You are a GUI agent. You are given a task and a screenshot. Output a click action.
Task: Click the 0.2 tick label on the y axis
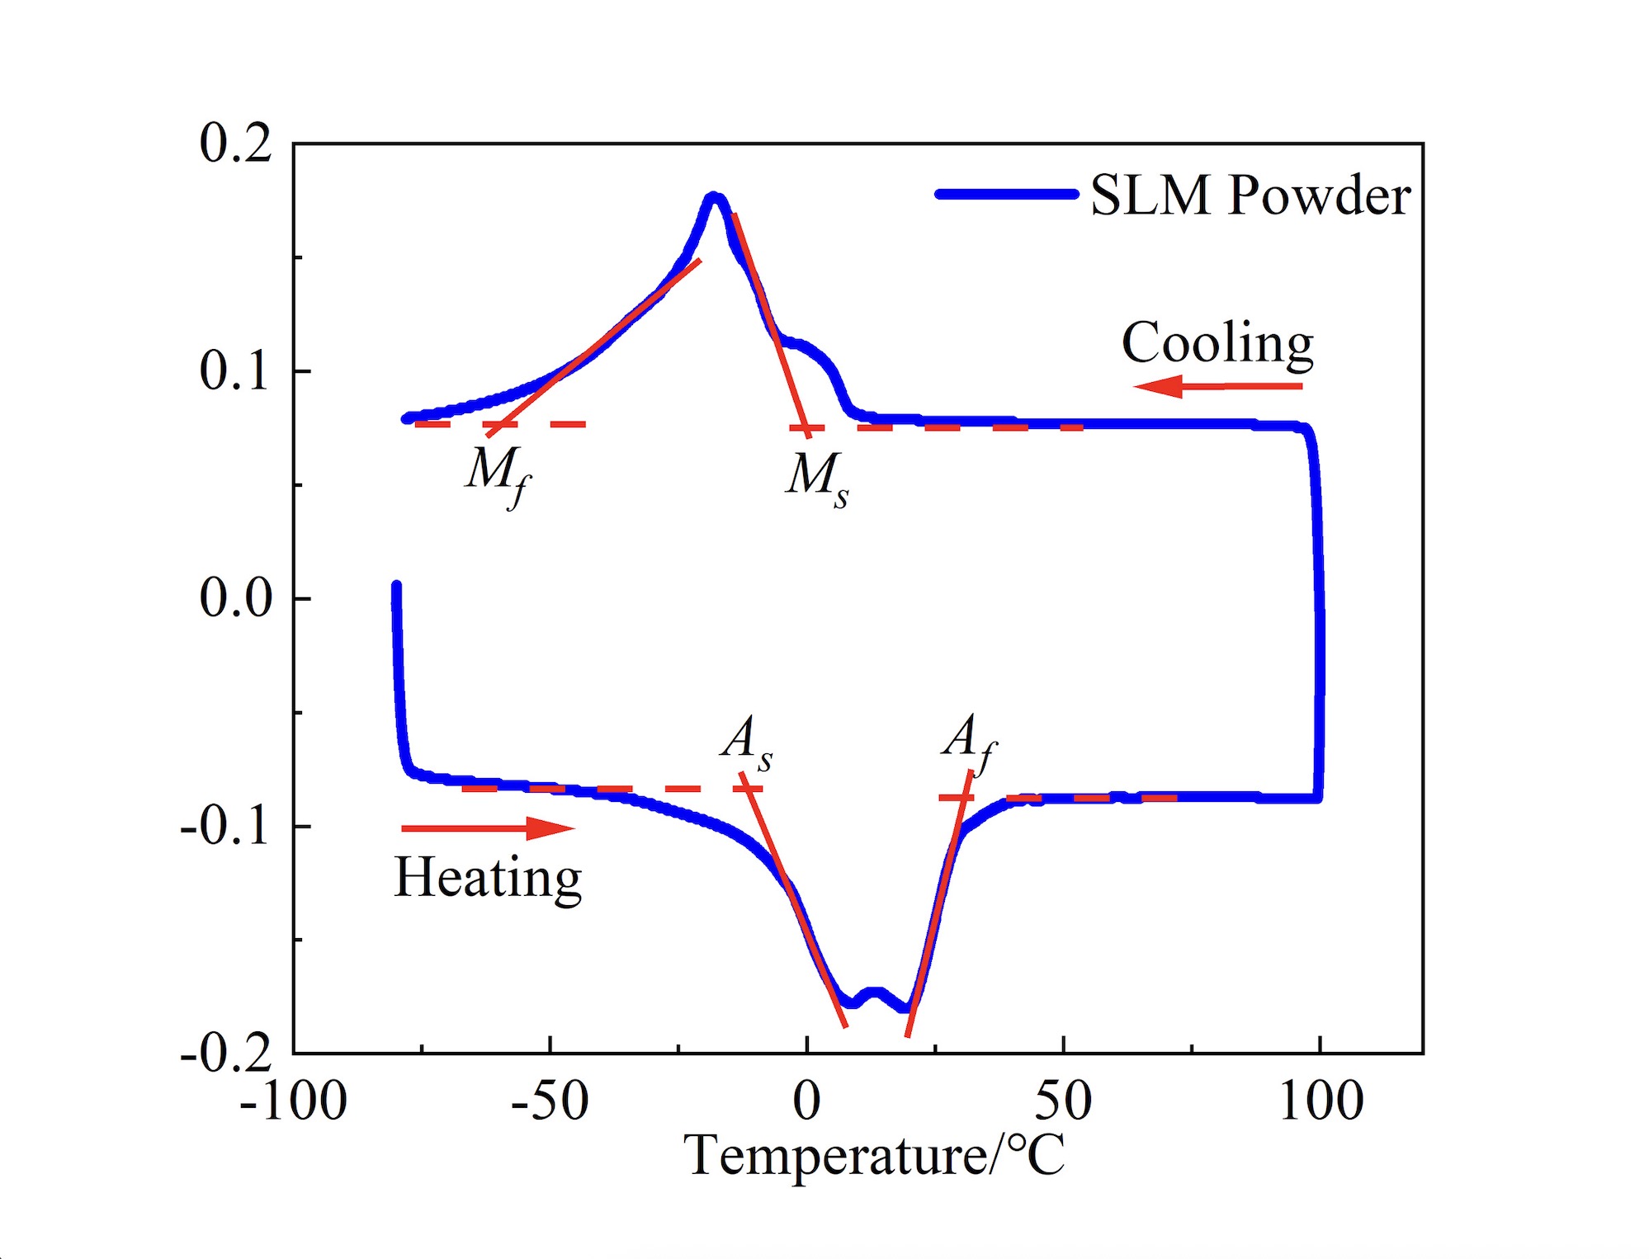[235, 144]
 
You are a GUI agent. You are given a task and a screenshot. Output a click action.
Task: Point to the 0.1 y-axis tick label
[235, 371]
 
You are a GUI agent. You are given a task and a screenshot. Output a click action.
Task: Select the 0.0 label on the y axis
[235, 598]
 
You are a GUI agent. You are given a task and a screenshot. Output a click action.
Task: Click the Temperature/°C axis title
[874, 1155]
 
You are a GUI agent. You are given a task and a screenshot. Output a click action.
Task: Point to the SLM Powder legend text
[1250, 196]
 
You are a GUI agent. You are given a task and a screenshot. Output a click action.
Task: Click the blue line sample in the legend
[1007, 195]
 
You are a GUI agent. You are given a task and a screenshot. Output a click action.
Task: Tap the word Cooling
[1217, 343]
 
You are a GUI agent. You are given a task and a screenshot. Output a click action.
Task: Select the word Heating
[489, 878]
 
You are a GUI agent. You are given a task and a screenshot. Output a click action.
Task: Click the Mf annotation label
[498, 474]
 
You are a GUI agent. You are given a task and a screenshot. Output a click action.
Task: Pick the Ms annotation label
[817, 477]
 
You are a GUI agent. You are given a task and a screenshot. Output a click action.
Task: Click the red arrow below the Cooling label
[1217, 386]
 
